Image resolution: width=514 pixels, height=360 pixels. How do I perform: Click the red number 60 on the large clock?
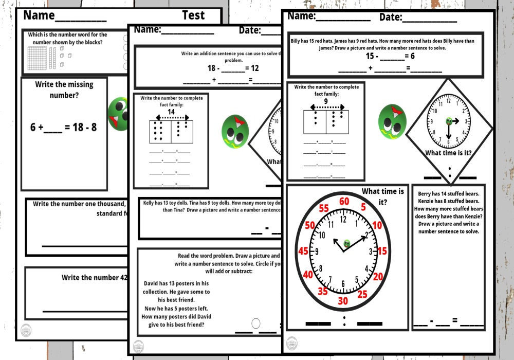point(344,201)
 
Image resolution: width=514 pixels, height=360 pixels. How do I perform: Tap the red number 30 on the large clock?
point(343,301)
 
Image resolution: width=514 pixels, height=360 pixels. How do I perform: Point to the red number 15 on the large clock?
point(382,251)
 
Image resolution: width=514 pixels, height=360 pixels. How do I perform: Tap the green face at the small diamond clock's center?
point(449,121)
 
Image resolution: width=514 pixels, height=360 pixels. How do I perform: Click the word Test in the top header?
point(193,15)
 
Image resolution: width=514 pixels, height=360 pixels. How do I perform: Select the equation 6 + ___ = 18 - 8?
point(63,127)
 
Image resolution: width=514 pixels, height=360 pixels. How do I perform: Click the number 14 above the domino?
point(171,112)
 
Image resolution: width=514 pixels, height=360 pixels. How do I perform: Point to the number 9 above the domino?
point(325,101)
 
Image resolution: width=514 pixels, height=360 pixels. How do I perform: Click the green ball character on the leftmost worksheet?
point(118,111)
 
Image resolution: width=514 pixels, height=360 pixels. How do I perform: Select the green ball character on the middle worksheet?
point(235,130)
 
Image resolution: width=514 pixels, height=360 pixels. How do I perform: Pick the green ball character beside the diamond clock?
point(392,120)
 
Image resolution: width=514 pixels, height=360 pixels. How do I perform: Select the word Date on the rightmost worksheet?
point(391,17)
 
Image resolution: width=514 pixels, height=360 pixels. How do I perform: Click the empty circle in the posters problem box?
point(256,323)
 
